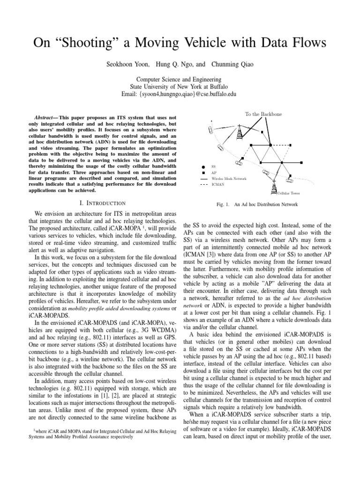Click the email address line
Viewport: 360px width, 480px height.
coord(180,94)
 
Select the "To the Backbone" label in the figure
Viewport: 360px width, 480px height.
coord(263,114)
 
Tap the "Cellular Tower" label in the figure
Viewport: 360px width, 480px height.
coord(287,193)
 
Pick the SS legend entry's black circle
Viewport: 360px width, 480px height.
coord(202,167)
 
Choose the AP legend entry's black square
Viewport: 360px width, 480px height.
coord(202,173)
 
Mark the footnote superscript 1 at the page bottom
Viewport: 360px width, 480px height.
coord(34,428)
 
